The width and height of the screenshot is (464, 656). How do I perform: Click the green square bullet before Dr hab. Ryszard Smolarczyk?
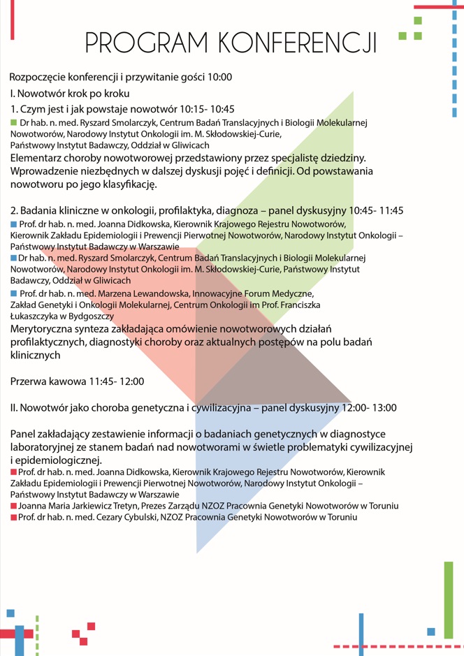14,123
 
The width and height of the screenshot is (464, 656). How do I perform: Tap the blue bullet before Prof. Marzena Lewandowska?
14,293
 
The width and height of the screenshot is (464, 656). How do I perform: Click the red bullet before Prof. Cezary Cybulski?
14,518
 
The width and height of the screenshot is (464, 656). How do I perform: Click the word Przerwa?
30,381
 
